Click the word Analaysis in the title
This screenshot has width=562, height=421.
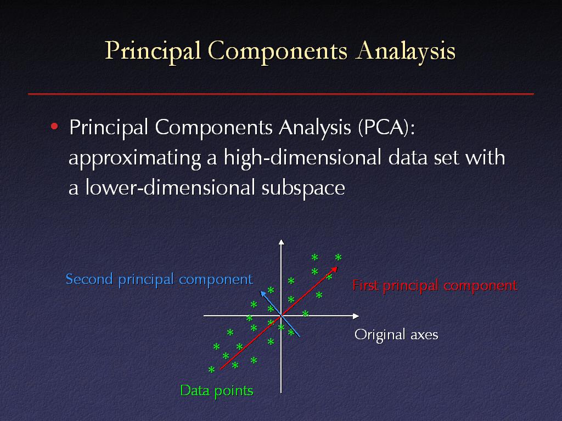[x=406, y=51]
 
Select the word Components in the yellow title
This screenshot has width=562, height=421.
[x=277, y=51]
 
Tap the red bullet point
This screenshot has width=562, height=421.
[x=54, y=127]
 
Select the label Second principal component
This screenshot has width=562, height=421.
[x=160, y=279]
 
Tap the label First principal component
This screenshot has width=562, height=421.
[x=435, y=286]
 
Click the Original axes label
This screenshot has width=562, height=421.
[x=396, y=335]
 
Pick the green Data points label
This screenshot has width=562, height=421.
[x=216, y=390]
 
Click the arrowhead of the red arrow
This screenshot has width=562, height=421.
[x=334, y=269]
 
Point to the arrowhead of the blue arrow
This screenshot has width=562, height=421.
[x=263, y=294]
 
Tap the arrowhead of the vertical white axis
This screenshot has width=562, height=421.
[x=282, y=242]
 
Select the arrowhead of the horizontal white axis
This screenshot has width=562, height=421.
[x=356, y=316]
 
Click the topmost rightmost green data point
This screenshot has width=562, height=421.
[x=338, y=257]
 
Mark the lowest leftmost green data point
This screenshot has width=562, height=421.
[x=212, y=369]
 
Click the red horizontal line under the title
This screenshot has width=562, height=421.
[x=281, y=94]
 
